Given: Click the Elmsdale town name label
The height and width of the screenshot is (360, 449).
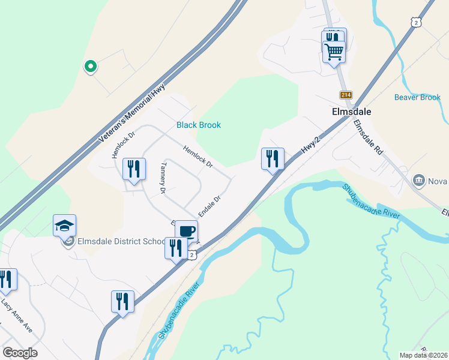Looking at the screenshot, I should pos(351,112).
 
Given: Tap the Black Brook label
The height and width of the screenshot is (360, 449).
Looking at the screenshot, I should pos(198,125).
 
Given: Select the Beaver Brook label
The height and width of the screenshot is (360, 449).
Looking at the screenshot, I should pos(417,97).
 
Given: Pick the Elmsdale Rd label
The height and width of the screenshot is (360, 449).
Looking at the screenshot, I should pos(367,139).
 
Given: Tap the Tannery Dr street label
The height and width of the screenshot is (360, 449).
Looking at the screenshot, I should pos(162,177).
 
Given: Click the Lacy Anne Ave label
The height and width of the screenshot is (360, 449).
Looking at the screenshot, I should pos(16,316).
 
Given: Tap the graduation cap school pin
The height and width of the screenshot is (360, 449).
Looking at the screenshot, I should pos(64,226).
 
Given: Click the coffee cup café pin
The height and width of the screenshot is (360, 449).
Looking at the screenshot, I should pos(186,231).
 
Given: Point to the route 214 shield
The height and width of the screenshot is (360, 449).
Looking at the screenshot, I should pos(346,95).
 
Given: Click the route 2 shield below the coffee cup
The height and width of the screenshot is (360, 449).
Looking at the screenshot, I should pos(191,255).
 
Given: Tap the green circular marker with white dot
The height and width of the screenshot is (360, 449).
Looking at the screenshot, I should pos(90,67).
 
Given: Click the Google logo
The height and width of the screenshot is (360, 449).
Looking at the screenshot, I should pos(20,353).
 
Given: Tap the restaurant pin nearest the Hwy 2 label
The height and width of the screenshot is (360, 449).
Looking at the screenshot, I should pos(273,159).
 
